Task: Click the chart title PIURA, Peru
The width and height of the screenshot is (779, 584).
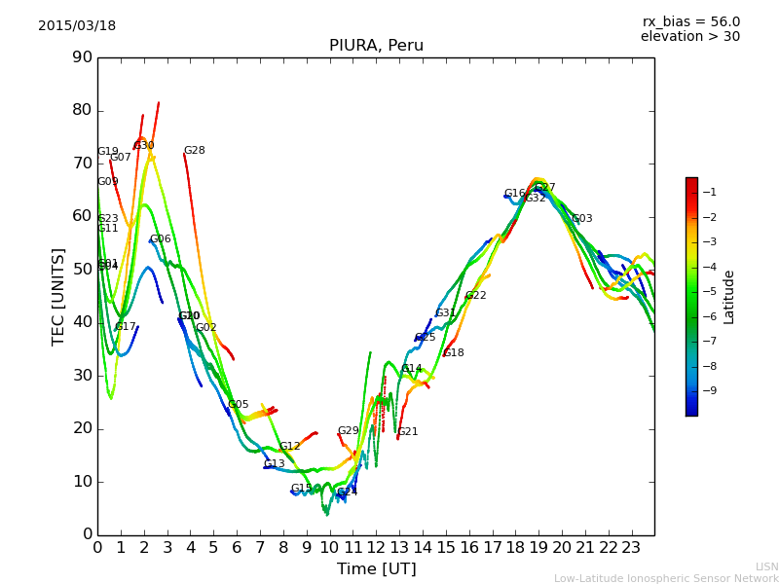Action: (x=376, y=46)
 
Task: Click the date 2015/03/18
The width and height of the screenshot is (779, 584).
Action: (x=77, y=25)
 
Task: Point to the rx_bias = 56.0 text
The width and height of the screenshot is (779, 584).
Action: (x=691, y=21)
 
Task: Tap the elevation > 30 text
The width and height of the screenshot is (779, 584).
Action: (x=690, y=37)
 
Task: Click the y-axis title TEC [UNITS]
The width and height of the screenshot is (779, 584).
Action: (x=58, y=296)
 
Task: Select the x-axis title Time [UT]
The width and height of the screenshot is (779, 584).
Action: (x=376, y=569)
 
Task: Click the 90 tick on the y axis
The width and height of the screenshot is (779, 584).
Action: (x=82, y=57)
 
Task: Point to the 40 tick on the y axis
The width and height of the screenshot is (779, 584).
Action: (x=82, y=322)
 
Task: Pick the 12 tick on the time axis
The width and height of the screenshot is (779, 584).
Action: (x=376, y=548)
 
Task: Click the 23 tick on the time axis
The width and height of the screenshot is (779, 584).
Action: (x=631, y=548)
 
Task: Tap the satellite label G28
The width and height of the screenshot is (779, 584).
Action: (x=195, y=151)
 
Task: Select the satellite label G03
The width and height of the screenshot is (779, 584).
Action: (x=582, y=219)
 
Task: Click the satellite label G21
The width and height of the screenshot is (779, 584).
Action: (x=408, y=432)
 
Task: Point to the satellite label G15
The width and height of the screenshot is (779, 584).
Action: (x=302, y=489)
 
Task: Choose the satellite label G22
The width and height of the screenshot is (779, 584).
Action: (x=476, y=296)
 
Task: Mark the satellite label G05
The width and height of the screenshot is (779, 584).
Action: (x=239, y=405)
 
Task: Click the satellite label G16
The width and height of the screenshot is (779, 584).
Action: (x=515, y=194)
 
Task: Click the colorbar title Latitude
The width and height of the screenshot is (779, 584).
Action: (x=729, y=296)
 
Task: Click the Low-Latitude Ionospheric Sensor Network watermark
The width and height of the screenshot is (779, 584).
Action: (x=666, y=578)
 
